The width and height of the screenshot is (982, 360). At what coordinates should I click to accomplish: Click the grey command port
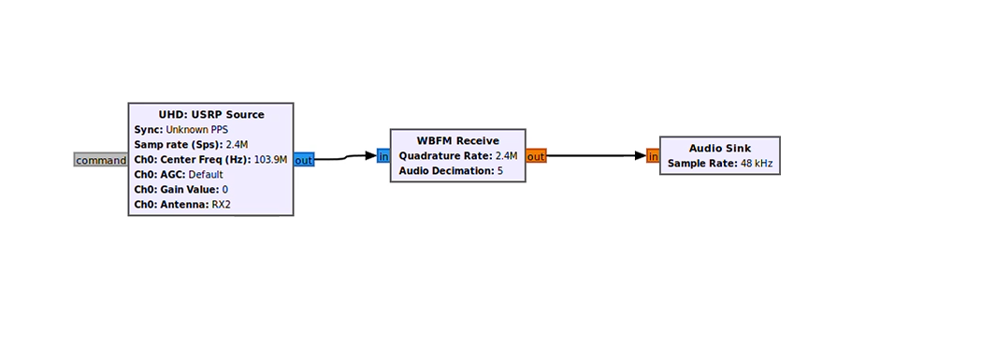click(x=101, y=160)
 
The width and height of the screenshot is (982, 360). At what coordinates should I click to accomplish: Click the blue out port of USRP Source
click(x=304, y=160)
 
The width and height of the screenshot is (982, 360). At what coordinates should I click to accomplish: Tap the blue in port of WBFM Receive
click(x=383, y=156)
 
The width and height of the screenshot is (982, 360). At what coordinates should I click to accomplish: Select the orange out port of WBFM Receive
click(x=536, y=156)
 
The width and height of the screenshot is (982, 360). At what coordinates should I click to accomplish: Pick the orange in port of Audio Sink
click(x=653, y=156)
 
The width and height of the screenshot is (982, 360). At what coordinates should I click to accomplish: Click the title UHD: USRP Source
click(x=211, y=115)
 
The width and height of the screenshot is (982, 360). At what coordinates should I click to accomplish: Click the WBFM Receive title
click(x=458, y=141)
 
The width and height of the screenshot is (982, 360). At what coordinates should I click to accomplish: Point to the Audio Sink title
click(x=719, y=149)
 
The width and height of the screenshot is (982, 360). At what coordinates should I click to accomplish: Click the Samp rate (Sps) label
click(x=179, y=145)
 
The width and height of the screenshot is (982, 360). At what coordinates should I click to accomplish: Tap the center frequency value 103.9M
click(x=270, y=160)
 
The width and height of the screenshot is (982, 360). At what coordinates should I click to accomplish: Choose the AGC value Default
click(x=206, y=175)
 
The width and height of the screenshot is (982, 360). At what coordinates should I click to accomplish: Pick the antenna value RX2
click(x=221, y=205)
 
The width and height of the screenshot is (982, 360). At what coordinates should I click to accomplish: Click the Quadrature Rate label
click(x=445, y=155)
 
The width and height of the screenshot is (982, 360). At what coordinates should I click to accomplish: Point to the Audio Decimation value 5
click(x=500, y=170)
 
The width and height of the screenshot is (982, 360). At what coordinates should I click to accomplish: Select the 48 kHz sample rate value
click(x=754, y=164)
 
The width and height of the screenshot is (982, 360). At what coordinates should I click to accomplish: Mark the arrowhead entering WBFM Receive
click(x=370, y=156)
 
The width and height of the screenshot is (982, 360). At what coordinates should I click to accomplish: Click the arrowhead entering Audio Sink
click(x=640, y=156)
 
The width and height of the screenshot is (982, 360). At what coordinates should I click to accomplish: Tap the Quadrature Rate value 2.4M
click(x=506, y=155)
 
